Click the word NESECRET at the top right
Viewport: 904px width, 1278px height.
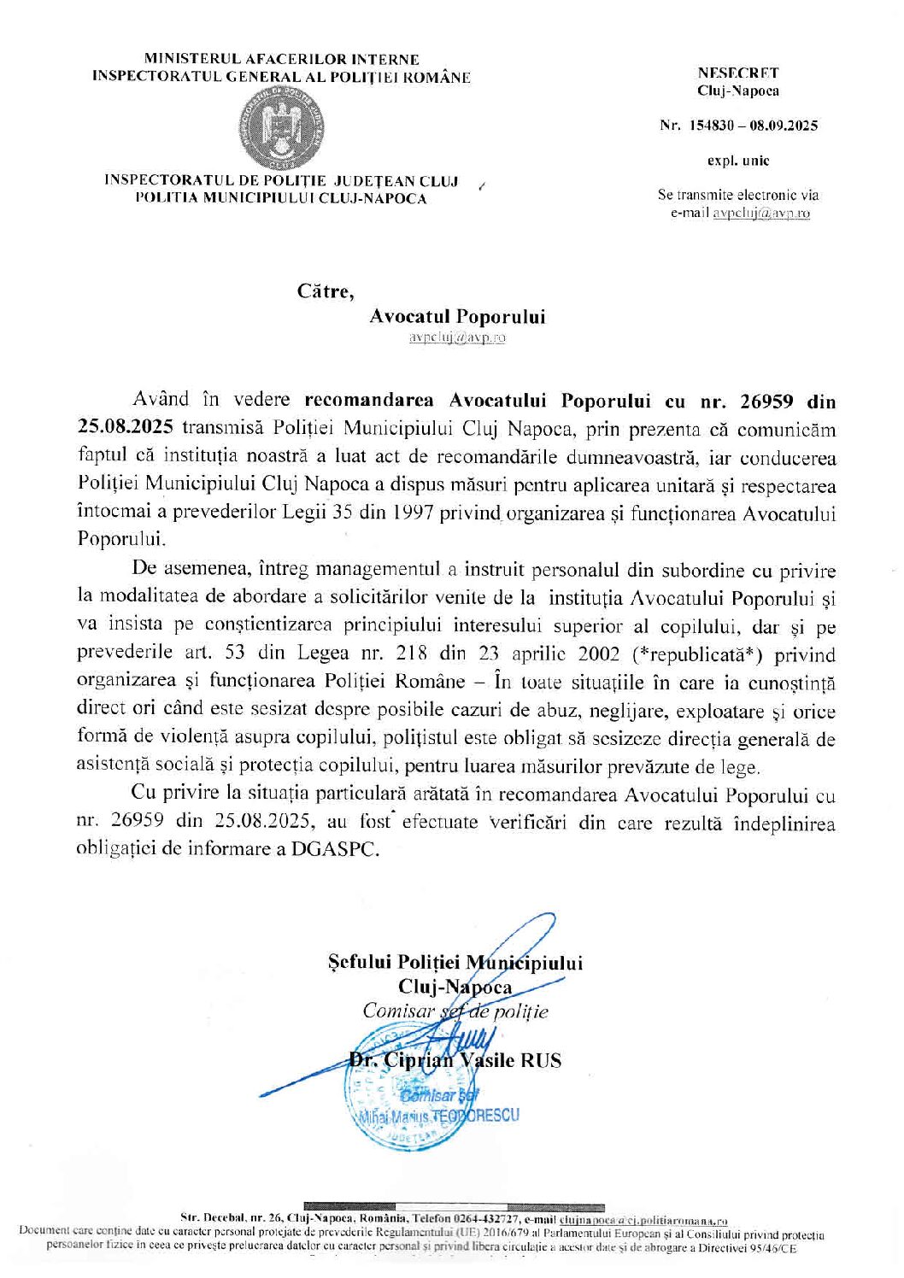coord(737,73)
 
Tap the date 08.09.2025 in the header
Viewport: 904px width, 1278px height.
coord(784,126)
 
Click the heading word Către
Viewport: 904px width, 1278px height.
coord(325,291)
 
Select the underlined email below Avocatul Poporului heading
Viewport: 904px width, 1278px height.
coord(457,337)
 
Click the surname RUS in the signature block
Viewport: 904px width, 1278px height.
coord(543,1061)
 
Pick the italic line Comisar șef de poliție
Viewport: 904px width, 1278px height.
coord(455,1011)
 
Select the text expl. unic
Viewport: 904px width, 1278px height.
coord(737,160)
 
